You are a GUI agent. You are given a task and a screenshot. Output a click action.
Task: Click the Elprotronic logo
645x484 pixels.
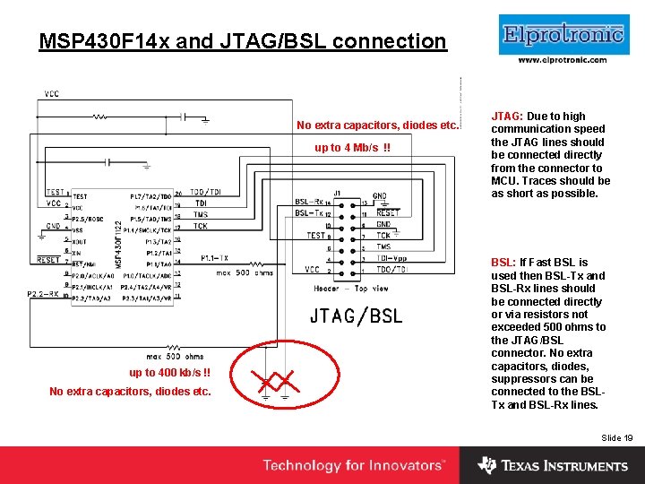pos(563,35)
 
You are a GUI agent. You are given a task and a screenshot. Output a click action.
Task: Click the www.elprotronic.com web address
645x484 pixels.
pos(563,60)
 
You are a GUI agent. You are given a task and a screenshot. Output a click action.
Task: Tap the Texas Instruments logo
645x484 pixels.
pos(553,465)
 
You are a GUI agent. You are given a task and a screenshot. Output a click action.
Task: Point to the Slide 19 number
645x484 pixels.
pos(617,437)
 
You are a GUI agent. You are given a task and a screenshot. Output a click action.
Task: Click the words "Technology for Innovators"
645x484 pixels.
pos(353,465)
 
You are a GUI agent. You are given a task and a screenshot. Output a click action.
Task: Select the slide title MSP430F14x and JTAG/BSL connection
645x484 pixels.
pos(243,41)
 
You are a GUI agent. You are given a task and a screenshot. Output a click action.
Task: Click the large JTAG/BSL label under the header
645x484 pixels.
pos(356,315)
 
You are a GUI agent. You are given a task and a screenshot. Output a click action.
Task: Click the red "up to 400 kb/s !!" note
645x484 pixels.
pos(169,373)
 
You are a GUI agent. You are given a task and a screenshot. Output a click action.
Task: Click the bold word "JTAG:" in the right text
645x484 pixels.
pos(507,117)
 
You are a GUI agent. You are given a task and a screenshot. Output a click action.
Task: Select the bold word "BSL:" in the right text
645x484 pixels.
pos(503,263)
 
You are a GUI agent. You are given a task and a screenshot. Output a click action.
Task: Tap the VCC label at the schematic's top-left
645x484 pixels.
pos(52,92)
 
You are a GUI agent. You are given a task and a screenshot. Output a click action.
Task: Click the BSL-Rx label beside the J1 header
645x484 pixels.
pos(308,203)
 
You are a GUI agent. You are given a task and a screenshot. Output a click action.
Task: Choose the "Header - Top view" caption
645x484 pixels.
pos(351,289)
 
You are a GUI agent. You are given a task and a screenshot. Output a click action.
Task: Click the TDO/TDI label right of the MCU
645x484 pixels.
pos(205,193)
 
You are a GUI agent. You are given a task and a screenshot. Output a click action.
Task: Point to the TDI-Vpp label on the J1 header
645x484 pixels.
pos(391,258)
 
